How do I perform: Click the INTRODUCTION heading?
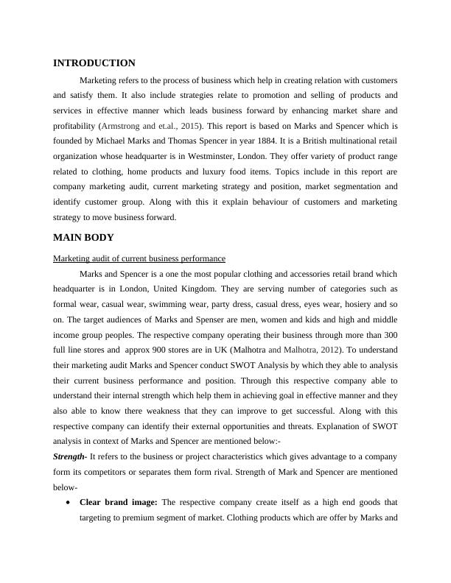94,63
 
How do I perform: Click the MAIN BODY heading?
83,238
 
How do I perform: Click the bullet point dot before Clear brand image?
69,502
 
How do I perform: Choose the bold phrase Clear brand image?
119,502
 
